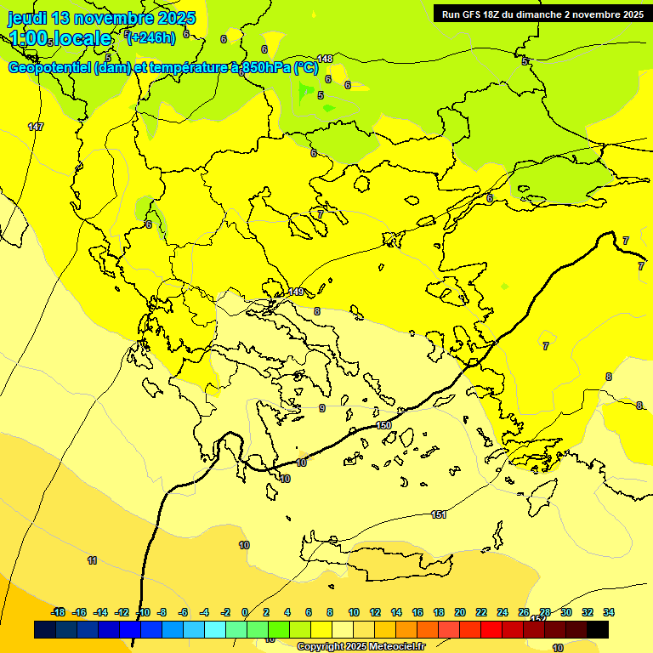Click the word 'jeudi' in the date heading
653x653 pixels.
click(27, 18)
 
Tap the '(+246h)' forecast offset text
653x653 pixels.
click(150, 37)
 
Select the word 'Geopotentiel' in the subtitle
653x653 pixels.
click(48, 68)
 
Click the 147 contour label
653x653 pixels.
click(36, 127)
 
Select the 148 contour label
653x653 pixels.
click(325, 59)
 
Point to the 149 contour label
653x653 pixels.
click(296, 292)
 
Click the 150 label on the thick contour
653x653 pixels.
click(383, 425)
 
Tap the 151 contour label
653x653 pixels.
click(439, 514)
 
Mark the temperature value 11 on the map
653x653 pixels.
click(92, 560)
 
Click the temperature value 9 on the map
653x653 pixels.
click(321, 408)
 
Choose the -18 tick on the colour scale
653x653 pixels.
click(58, 612)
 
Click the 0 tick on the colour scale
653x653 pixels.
click(245, 612)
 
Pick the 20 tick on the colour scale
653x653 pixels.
click(460, 612)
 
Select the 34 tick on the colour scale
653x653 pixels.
click(609, 612)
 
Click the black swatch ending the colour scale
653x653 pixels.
click(598, 630)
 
